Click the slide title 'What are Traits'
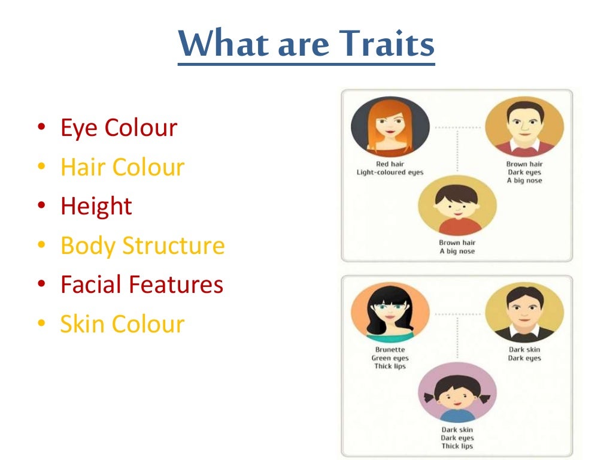point(306,44)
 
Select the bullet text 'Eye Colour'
point(119,128)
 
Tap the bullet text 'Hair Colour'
point(122,167)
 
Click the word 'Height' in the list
point(96,206)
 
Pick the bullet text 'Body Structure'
point(142,246)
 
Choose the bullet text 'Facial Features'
point(142,285)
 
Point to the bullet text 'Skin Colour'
point(122,324)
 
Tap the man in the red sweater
point(524,128)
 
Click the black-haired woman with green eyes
point(390,313)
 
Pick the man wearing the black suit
point(524,313)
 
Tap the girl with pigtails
point(457,392)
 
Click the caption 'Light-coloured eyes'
point(390,172)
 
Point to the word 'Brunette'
point(390,350)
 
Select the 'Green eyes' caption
point(390,358)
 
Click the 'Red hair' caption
point(390,164)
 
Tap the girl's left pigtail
point(430,397)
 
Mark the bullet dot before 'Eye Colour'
point(41,129)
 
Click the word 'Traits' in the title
point(390,44)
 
